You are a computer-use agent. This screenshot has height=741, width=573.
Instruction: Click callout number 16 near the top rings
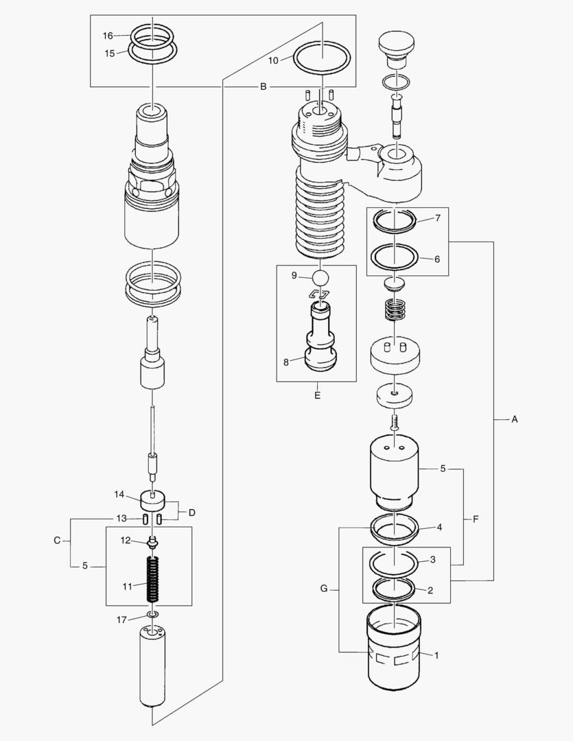tap(108, 36)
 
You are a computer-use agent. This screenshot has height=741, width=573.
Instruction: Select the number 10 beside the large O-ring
tap(273, 60)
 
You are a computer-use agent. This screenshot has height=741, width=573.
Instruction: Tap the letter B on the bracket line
tap(263, 87)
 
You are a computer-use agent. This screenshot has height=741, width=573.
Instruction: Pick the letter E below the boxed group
tap(316, 396)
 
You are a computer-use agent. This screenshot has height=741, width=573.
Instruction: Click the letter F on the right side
tap(475, 520)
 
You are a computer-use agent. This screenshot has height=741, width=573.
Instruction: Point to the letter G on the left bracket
tap(324, 589)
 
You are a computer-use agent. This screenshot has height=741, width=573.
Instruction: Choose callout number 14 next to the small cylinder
tap(119, 494)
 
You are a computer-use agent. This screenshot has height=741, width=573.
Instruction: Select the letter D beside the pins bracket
tap(192, 513)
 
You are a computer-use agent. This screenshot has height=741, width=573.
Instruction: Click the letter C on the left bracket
tap(58, 541)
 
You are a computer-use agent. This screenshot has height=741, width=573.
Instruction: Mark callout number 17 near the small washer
tap(121, 620)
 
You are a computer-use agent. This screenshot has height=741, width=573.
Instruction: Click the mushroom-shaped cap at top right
tap(396, 45)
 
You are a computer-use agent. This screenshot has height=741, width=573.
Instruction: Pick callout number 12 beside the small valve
tap(126, 541)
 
